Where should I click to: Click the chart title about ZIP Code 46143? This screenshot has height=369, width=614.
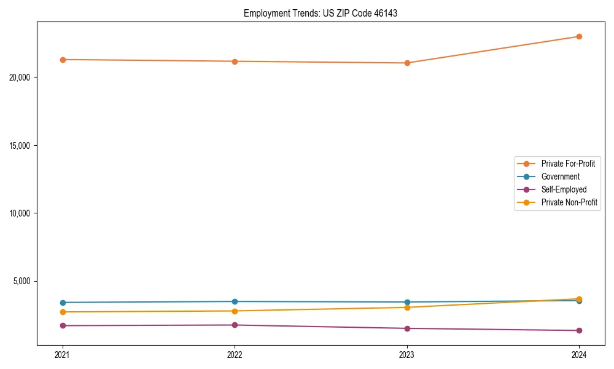click(x=320, y=13)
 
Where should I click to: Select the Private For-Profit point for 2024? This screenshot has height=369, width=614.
click(x=579, y=36)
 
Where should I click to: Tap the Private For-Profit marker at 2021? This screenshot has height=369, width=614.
click(x=63, y=60)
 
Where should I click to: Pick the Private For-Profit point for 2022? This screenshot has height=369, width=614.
click(x=235, y=61)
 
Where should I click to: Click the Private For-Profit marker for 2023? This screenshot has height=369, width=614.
click(x=407, y=63)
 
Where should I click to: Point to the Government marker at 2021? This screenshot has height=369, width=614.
click(x=63, y=303)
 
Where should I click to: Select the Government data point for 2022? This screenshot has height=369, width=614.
click(x=235, y=301)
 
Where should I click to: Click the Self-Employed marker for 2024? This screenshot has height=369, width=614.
click(x=579, y=330)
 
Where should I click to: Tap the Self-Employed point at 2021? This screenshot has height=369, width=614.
click(x=63, y=325)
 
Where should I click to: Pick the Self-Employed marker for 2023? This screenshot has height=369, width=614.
click(x=407, y=328)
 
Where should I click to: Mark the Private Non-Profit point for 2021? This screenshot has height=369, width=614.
click(x=63, y=312)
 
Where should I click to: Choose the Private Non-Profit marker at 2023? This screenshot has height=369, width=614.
click(x=407, y=307)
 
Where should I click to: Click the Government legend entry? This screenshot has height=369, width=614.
click(x=560, y=177)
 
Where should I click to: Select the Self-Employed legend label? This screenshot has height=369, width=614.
click(x=564, y=189)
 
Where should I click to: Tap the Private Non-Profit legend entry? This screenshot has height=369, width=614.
click(x=569, y=202)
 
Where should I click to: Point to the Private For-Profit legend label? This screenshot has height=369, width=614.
click(x=568, y=164)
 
